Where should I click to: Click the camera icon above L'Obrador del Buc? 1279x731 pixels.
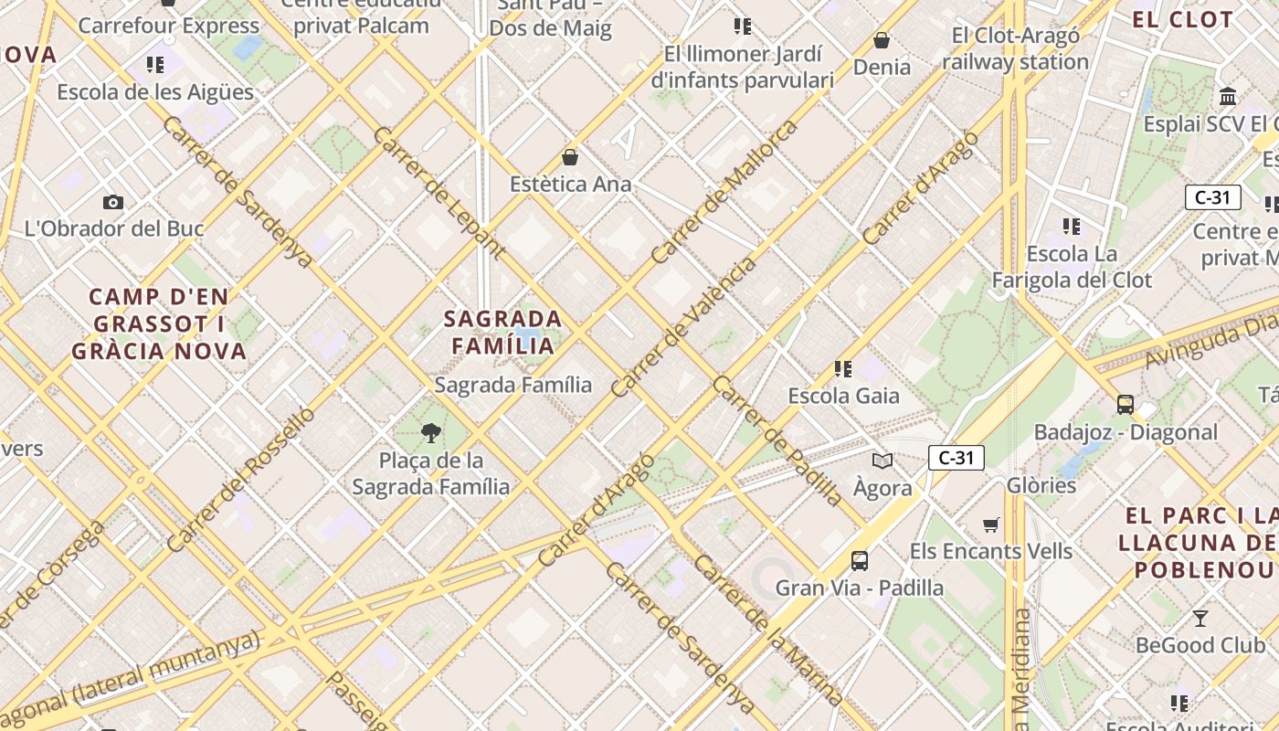coord(113,202)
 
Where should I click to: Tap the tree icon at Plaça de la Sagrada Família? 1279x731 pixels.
coord(431,432)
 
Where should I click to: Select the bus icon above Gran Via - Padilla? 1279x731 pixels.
coord(860,560)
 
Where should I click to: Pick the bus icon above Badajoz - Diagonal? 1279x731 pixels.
coord(1126,404)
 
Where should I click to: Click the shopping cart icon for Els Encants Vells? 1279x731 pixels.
coord(991,524)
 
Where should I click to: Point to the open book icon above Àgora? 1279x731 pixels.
coord(883,461)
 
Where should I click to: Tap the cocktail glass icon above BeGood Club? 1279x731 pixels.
coord(1200,619)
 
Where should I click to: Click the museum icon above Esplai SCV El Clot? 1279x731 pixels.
coord(1228,96)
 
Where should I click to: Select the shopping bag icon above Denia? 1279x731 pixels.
coord(882,40)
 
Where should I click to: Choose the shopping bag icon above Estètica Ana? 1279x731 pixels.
coord(570,157)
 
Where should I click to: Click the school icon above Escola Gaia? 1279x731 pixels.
coord(843,369)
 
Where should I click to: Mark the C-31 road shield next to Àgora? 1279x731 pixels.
coord(956,458)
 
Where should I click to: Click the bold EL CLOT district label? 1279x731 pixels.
coord(1182,19)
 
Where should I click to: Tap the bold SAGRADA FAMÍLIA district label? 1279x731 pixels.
coord(502,333)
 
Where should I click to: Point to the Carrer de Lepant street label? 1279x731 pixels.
coord(439,192)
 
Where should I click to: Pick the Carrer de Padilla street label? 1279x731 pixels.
coord(777,440)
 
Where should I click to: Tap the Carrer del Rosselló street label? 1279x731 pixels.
coord(240,480)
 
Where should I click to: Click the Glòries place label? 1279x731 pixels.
coord(1041,485)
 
